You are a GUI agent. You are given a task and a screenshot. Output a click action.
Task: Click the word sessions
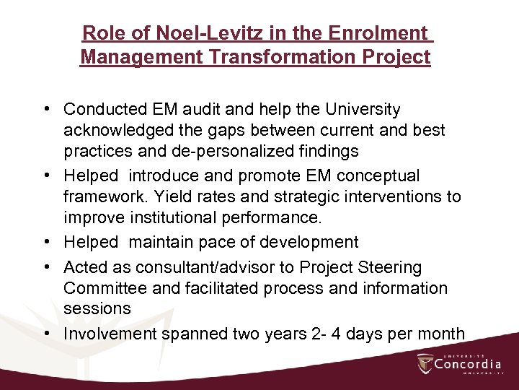click(x=97, y=308)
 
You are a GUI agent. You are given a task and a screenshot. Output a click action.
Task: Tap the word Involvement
click(x=110, y=334)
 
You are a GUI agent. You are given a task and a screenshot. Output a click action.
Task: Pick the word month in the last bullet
click(x=442, y=334)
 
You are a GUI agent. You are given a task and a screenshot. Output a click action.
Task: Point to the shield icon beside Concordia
click(x=425, y=363)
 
